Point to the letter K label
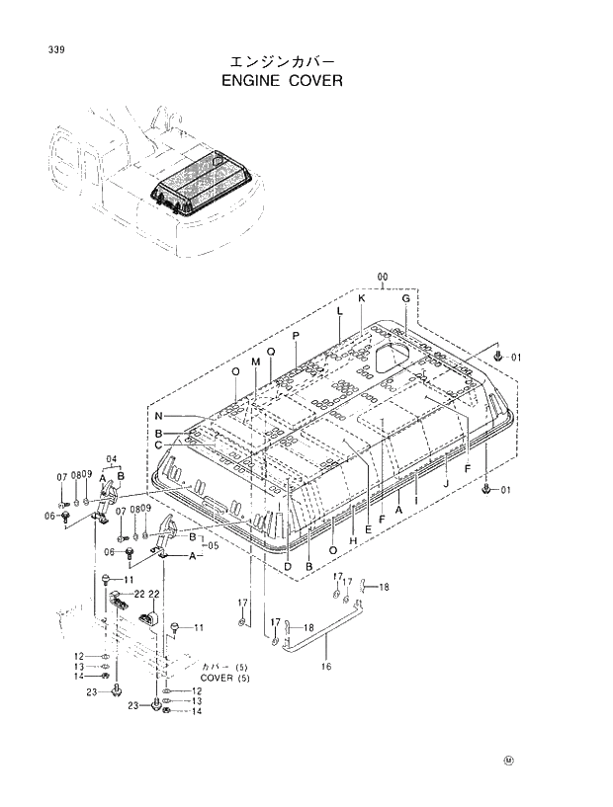coord(362,298)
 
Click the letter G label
coord(405,298)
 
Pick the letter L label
coord(339,311)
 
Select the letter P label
coord(295,338)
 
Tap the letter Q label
coord(270,354)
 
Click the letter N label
coord(157,415)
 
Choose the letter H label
coord(353,514)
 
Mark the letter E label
coord(368,529)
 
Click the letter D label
coord(287,566)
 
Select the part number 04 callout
coord(112,458)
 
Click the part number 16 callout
coord(325,666)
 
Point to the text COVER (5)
coord(225,678)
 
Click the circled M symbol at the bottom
coord(509,761)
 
